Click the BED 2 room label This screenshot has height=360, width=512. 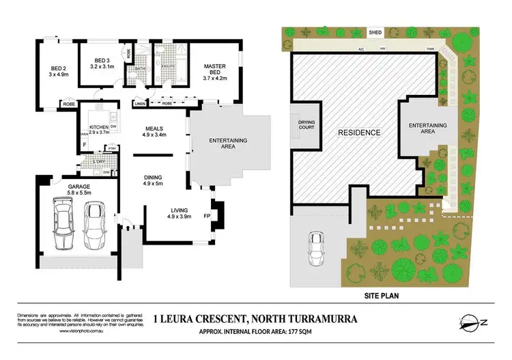pos(57,68)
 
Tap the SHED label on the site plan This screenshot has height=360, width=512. pos(375,32)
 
